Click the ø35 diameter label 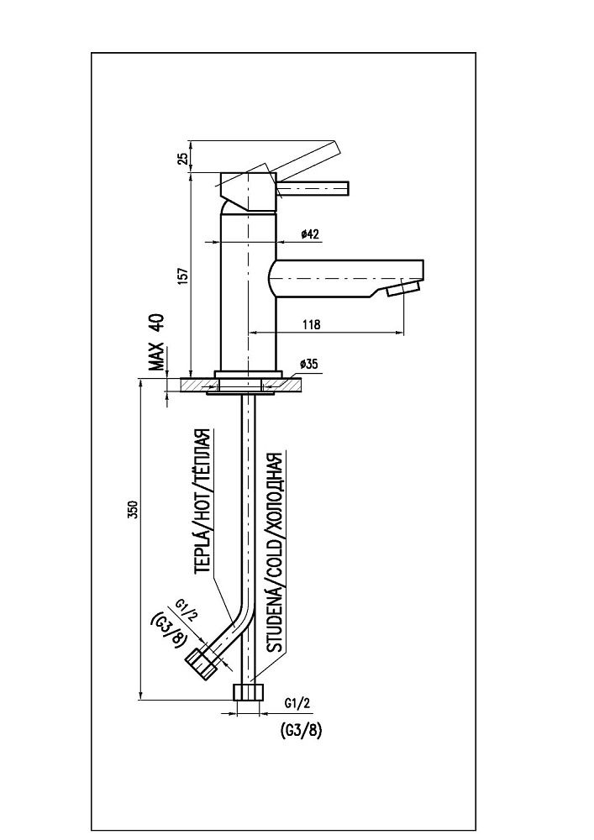308,364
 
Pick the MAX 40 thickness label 156,343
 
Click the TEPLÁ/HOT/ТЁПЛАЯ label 202,501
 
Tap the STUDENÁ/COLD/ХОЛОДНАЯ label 272,553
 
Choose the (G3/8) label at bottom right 299,729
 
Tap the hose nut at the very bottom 247,693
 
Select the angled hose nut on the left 202,662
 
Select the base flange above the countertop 247,375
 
